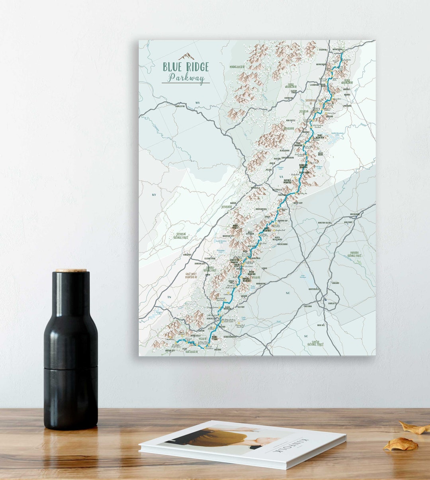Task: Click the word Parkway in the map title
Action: tap(186, 78)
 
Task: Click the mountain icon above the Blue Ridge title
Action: tap(186, 57)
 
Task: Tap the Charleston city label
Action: tap(180, 106)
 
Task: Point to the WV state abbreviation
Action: tap(197, 103)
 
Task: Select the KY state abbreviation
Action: tap(154, 195)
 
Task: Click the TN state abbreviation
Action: tap(169, 297)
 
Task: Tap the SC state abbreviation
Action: tap(306, 336)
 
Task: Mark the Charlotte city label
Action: tap(331, 303)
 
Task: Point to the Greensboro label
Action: tap(355, 214)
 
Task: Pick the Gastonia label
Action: tap(308, 306)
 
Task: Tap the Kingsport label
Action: tap(187, 255)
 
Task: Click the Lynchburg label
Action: tap(347, 106)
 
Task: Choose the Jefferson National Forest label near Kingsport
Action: tap(182, 236)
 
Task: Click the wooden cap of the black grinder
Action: tap(71, 271)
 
